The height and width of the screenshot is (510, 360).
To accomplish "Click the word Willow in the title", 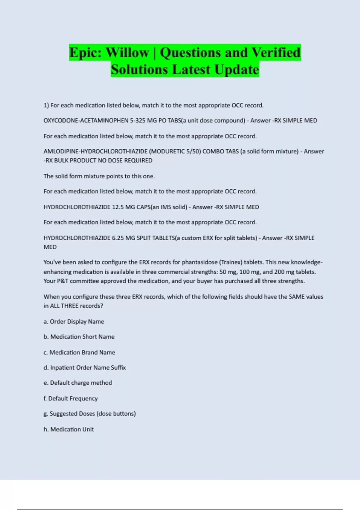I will [x=127, y=52].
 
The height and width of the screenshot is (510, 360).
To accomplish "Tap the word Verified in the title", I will [x=276, y=52].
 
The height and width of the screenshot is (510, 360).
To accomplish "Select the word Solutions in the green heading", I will [x=139, y=70].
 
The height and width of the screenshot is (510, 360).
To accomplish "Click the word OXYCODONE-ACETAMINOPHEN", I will [x=86, y=121].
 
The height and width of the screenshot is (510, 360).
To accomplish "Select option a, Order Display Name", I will [x=74, y=322].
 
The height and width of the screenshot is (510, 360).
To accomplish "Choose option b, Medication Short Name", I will [x=79, y=337].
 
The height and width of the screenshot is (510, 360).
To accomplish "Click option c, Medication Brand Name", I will [x=79, y=352].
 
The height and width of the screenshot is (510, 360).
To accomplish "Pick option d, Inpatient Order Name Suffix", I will [x=85, y=368].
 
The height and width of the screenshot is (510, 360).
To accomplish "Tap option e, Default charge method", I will [x=78, y=383].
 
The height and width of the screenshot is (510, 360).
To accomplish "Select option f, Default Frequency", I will [x=70, y=399].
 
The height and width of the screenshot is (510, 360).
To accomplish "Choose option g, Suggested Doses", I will [x=89, y=414].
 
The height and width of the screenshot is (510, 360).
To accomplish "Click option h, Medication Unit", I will [x=69, y=430].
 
